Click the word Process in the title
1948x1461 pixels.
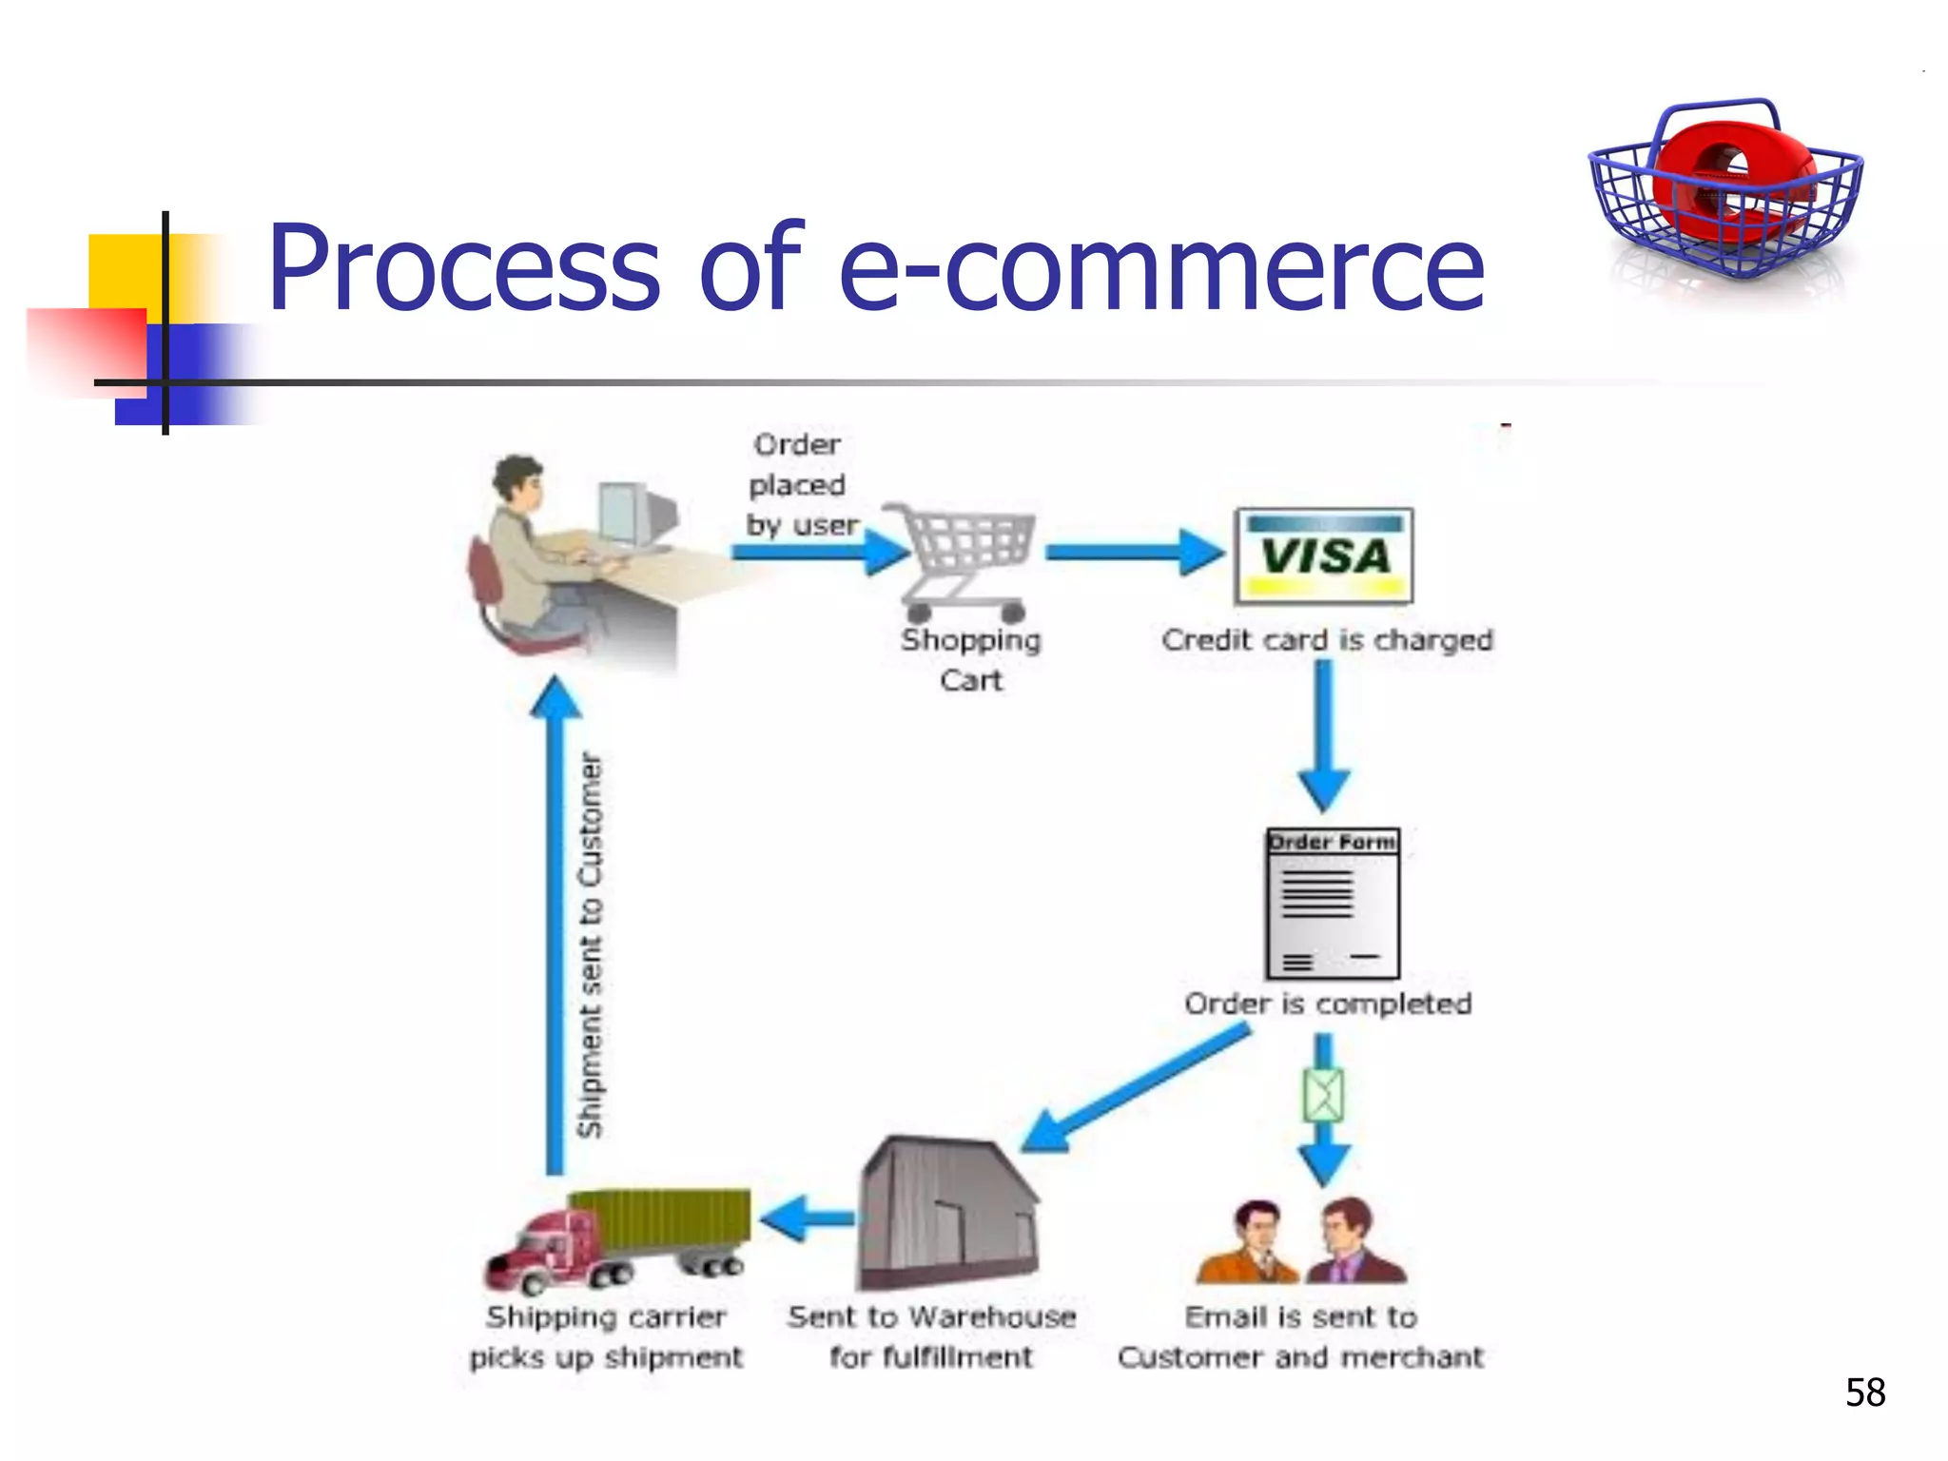tap(464, 268)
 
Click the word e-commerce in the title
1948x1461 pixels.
tap(1160, 268)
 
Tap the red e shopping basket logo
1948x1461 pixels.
tap(1724, 190)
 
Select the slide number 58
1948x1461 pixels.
tap(1864, 1393)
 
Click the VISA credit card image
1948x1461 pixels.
tap(1323, 556)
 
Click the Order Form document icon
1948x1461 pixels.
tap(1332, 904)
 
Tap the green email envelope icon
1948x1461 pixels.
tap(1323, 1096)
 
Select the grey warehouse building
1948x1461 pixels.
tap(946, 1213)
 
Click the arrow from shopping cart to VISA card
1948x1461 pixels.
tap(1132, 553)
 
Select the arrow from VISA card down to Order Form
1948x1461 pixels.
tap(1323, 732)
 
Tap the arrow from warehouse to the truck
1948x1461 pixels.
tap(808, 1218)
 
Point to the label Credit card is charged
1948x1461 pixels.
tap(1327, 640)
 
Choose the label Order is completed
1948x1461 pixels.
tap(1328, 1003)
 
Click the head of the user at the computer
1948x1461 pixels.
tap(518, 480)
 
